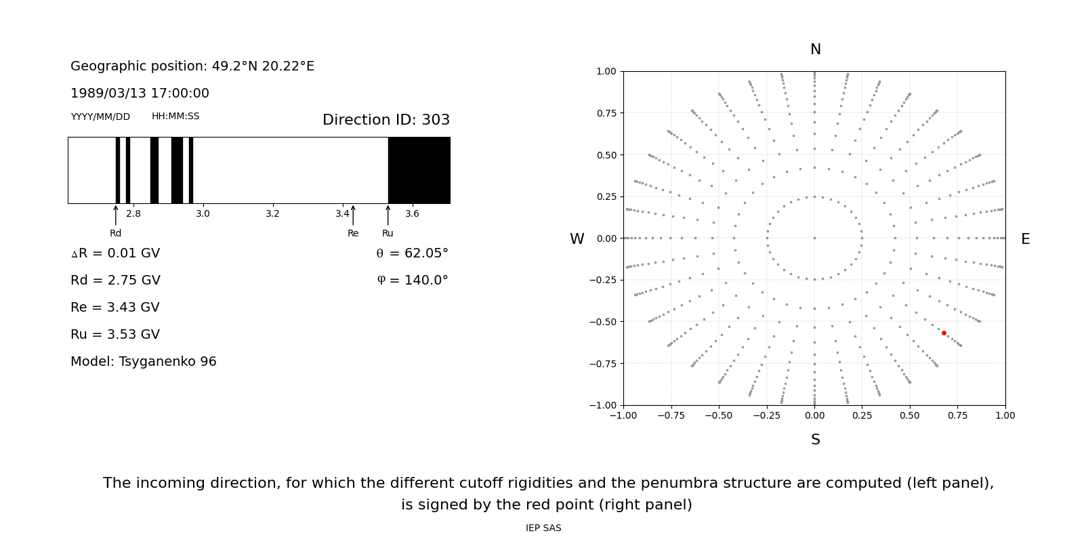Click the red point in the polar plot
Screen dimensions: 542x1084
pyautogui.click(x=944, y=333)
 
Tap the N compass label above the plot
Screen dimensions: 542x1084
pyautogui.click(x=815, y=49)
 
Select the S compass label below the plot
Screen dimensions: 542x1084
pyautogui.click(x=815, y=440)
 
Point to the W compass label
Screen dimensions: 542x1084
pyautogui.click(x=577, y=239)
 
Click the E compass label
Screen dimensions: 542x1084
pyautogui.click(x=1025, y=239)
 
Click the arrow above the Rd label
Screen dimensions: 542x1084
pyautogui.click(x=116, y=215)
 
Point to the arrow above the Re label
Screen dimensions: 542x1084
pyautogui.click(x=353, y=215)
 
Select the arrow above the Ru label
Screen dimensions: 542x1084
pyautogui.click(x=388, y=215)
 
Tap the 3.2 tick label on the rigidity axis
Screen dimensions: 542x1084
pyautogui.click(x=272, y=214)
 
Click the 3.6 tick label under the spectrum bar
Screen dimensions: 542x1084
pyautogui.click(x=412, y=214)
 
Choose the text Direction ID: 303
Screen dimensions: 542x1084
pyautogui.click(x=386, y=120)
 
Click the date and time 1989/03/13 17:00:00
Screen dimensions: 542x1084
pyautogui.click(x=140, y=93)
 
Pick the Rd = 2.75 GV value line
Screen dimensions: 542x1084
pyautogui.click(x=115, y=280)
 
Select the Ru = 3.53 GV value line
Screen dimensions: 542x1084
pyautogui.click(x=115, y=335)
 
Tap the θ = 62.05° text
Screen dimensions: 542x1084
pyautogui.click(x=412, y=253)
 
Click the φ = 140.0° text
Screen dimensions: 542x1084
pyautogui.click(x=413, y=280)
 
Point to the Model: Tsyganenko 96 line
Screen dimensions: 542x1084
pyautogui.click(x=144, y=362)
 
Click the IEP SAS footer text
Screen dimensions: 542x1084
pyautogui.click(x=543, y=528)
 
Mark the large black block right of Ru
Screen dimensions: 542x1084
pyautogui.click(x=419, y=170)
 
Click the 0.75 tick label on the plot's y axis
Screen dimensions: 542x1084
pyautogui.click(x=606, y=113)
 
